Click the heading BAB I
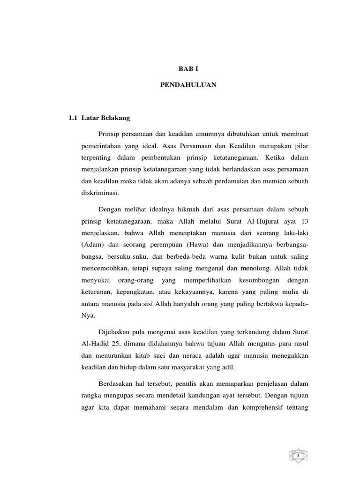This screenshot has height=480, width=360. tap(186, 68)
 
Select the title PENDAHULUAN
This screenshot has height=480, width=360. tap(186, 86)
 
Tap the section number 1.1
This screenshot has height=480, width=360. tap(72, 118)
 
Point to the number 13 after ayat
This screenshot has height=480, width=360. tap(304, 221)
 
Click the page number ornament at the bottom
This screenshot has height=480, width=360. tap(298, 455)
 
